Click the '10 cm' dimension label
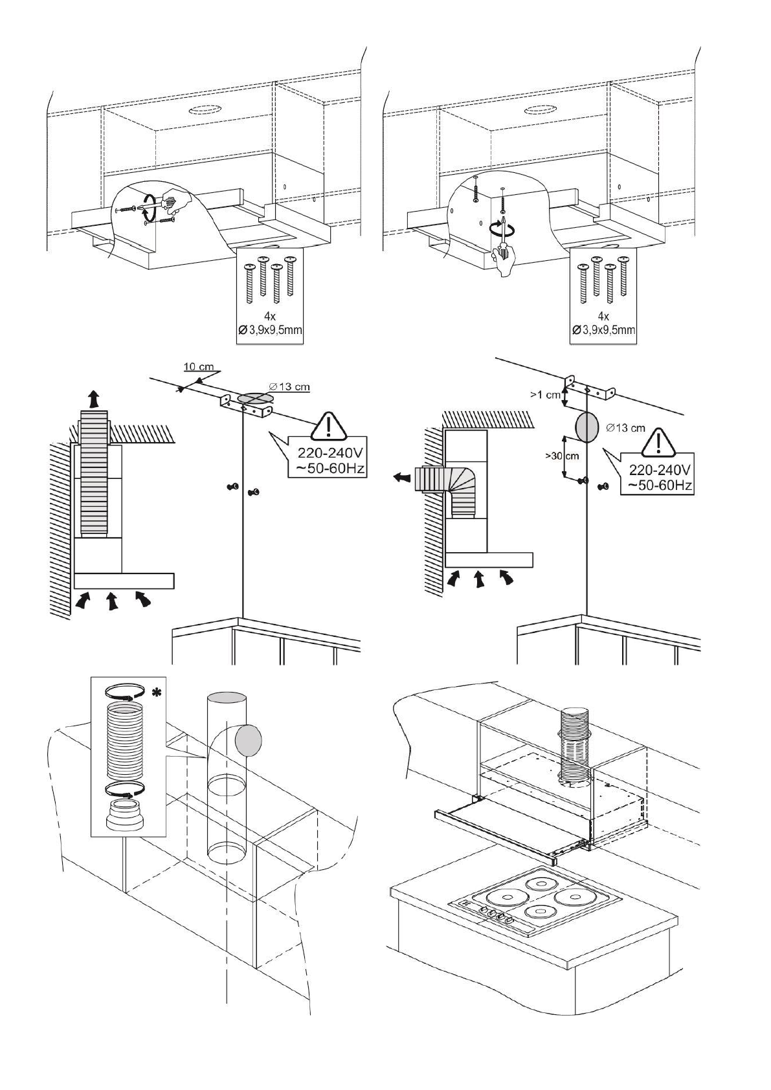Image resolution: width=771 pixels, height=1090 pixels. (199, 366)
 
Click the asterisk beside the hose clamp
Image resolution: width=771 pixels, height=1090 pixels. (156, 694)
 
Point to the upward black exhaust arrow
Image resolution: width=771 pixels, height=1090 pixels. (95, 397)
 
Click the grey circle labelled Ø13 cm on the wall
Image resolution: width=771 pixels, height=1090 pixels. (588, 427)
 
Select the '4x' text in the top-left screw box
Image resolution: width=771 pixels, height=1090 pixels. (271, 317)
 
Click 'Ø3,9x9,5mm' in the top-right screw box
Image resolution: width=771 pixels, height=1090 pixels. (603, 330)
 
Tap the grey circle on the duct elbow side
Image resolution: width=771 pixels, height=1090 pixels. (249, 740)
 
